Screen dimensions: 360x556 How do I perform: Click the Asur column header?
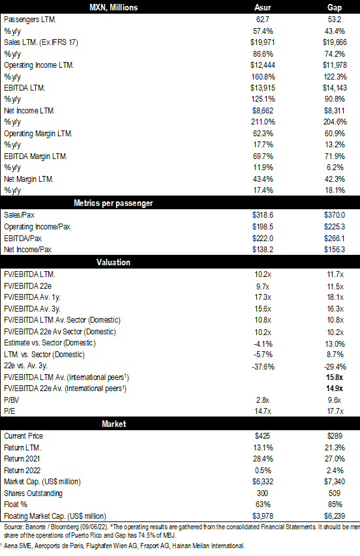coord(262,7)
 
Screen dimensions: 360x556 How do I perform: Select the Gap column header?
coord(335,7)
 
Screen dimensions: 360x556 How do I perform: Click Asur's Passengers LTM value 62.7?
coord(262,20)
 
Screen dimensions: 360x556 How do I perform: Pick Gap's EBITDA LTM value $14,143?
coord(335,87)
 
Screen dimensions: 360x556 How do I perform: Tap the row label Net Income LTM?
coord(29,111)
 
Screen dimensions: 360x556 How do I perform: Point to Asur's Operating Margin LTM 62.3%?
coord(263,134)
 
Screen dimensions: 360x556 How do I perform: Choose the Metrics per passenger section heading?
coord(113,203)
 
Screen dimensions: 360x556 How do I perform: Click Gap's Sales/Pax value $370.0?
coord(335,215)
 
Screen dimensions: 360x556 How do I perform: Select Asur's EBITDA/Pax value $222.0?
coord(263,239)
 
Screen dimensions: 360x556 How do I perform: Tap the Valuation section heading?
coord(113,263)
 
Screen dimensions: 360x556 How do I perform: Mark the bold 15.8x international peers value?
coord(335,377)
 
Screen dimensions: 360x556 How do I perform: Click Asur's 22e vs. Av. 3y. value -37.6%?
coord(263,367)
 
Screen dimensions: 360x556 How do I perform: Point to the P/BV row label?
coord(11,400)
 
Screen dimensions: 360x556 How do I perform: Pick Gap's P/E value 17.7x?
coord(335,411)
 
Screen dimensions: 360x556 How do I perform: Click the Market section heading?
coord(114,424)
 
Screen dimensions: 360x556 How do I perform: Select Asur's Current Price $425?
coord(262,436)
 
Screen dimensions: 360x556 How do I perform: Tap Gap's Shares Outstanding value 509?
coord(335,493)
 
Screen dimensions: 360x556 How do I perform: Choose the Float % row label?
coord(16,505)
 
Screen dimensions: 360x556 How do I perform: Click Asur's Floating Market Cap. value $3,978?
coord(263,516)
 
